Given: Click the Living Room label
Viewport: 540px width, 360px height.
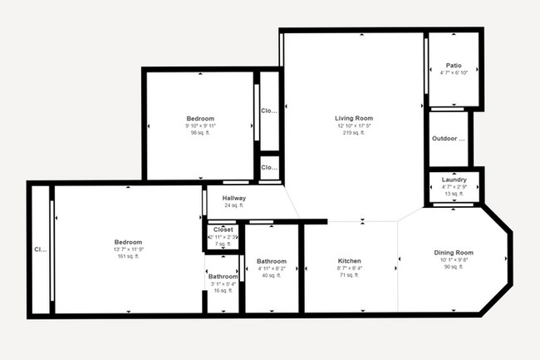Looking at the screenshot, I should point(353,118).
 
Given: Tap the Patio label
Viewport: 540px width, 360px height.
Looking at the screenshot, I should point(454,65).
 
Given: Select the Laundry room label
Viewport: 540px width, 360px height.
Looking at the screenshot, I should point(454,180).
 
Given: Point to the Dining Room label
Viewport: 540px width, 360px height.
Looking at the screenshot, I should point(454,252).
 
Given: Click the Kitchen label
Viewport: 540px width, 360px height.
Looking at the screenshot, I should point(350,260).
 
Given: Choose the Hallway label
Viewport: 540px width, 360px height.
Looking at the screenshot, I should point(233,198).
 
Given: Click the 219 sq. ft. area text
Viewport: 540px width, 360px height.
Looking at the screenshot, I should point(353,132).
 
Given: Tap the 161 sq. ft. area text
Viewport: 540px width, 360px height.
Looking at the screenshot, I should point(128,256).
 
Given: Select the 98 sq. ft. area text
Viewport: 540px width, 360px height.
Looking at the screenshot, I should point(200,132).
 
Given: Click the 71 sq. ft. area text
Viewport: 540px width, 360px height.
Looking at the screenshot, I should point(350,275).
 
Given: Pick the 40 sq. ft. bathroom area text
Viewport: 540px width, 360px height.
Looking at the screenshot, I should point(272,275).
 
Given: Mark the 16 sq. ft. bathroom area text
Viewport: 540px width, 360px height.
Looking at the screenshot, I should point(223,291).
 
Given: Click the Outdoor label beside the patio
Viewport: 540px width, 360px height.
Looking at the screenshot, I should point(449,138).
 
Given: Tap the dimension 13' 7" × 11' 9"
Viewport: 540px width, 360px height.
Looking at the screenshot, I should point(128,249).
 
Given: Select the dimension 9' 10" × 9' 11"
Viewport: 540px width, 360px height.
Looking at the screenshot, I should point(200,126).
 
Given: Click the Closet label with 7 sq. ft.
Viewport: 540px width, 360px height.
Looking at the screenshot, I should point(223,229).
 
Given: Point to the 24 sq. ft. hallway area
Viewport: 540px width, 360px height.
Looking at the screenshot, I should point(233,205).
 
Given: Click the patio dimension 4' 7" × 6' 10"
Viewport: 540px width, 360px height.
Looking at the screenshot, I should point(454,72).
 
